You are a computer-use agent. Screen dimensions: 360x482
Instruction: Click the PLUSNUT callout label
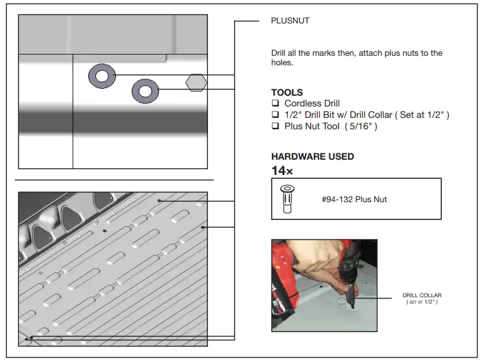point(290,21)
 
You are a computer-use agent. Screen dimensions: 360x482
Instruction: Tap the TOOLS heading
point(287,93)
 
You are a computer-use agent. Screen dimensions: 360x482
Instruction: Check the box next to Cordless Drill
point(275,103)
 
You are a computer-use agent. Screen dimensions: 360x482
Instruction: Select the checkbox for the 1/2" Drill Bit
point(275,115)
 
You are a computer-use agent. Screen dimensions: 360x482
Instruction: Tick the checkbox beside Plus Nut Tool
point(275,126)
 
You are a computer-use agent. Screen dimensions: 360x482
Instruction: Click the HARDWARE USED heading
point(312,157)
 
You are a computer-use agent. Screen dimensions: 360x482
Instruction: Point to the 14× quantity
point(282,170)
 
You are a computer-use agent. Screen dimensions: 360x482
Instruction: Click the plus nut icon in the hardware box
point(286,198)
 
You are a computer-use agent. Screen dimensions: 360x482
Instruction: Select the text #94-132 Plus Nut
point(354,200)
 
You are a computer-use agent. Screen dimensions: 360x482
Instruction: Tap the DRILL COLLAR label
point(422,295)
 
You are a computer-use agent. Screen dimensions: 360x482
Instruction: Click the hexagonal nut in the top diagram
point(195,82)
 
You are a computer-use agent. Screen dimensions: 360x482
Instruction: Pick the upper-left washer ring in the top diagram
point(101,77)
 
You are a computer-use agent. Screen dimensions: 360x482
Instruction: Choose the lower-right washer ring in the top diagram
point(145,92)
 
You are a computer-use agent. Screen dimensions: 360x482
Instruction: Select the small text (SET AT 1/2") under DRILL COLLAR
point(422,302)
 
